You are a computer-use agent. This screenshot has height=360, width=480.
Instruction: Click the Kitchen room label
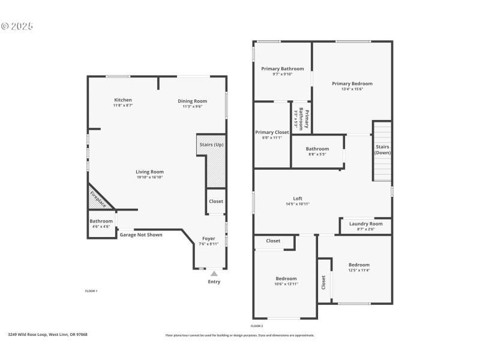tap(123, 100)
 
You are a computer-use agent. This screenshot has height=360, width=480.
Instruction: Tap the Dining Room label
tap(193, 101)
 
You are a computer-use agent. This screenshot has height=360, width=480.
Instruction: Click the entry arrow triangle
tap(214, 274)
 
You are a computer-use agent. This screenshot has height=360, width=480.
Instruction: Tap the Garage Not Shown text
tap(141, 235)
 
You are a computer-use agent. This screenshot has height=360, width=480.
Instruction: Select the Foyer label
tap(208, 239)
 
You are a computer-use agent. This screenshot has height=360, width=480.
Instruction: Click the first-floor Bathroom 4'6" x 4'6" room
tap(101, 223)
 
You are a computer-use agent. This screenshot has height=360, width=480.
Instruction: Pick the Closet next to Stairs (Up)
tap(216, 202)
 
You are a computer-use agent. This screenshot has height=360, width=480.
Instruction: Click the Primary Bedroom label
tap(352, 83)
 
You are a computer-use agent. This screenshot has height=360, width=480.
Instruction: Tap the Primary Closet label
tap(272, 132)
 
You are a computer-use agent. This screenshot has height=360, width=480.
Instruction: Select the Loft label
tap(298, 199)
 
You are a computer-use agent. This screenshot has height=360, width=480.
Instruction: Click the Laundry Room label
tap(365, 224)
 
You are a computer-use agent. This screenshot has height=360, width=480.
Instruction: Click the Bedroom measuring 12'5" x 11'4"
tap(359, 267)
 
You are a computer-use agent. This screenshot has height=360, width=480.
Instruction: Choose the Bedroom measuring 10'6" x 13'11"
tap(286, 280)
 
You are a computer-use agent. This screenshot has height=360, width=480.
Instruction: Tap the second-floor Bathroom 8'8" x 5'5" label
tap(317, 149)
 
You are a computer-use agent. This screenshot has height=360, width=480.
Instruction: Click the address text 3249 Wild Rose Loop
tap(47, 335)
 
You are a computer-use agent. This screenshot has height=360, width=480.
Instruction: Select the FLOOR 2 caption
tap(257, 325)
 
